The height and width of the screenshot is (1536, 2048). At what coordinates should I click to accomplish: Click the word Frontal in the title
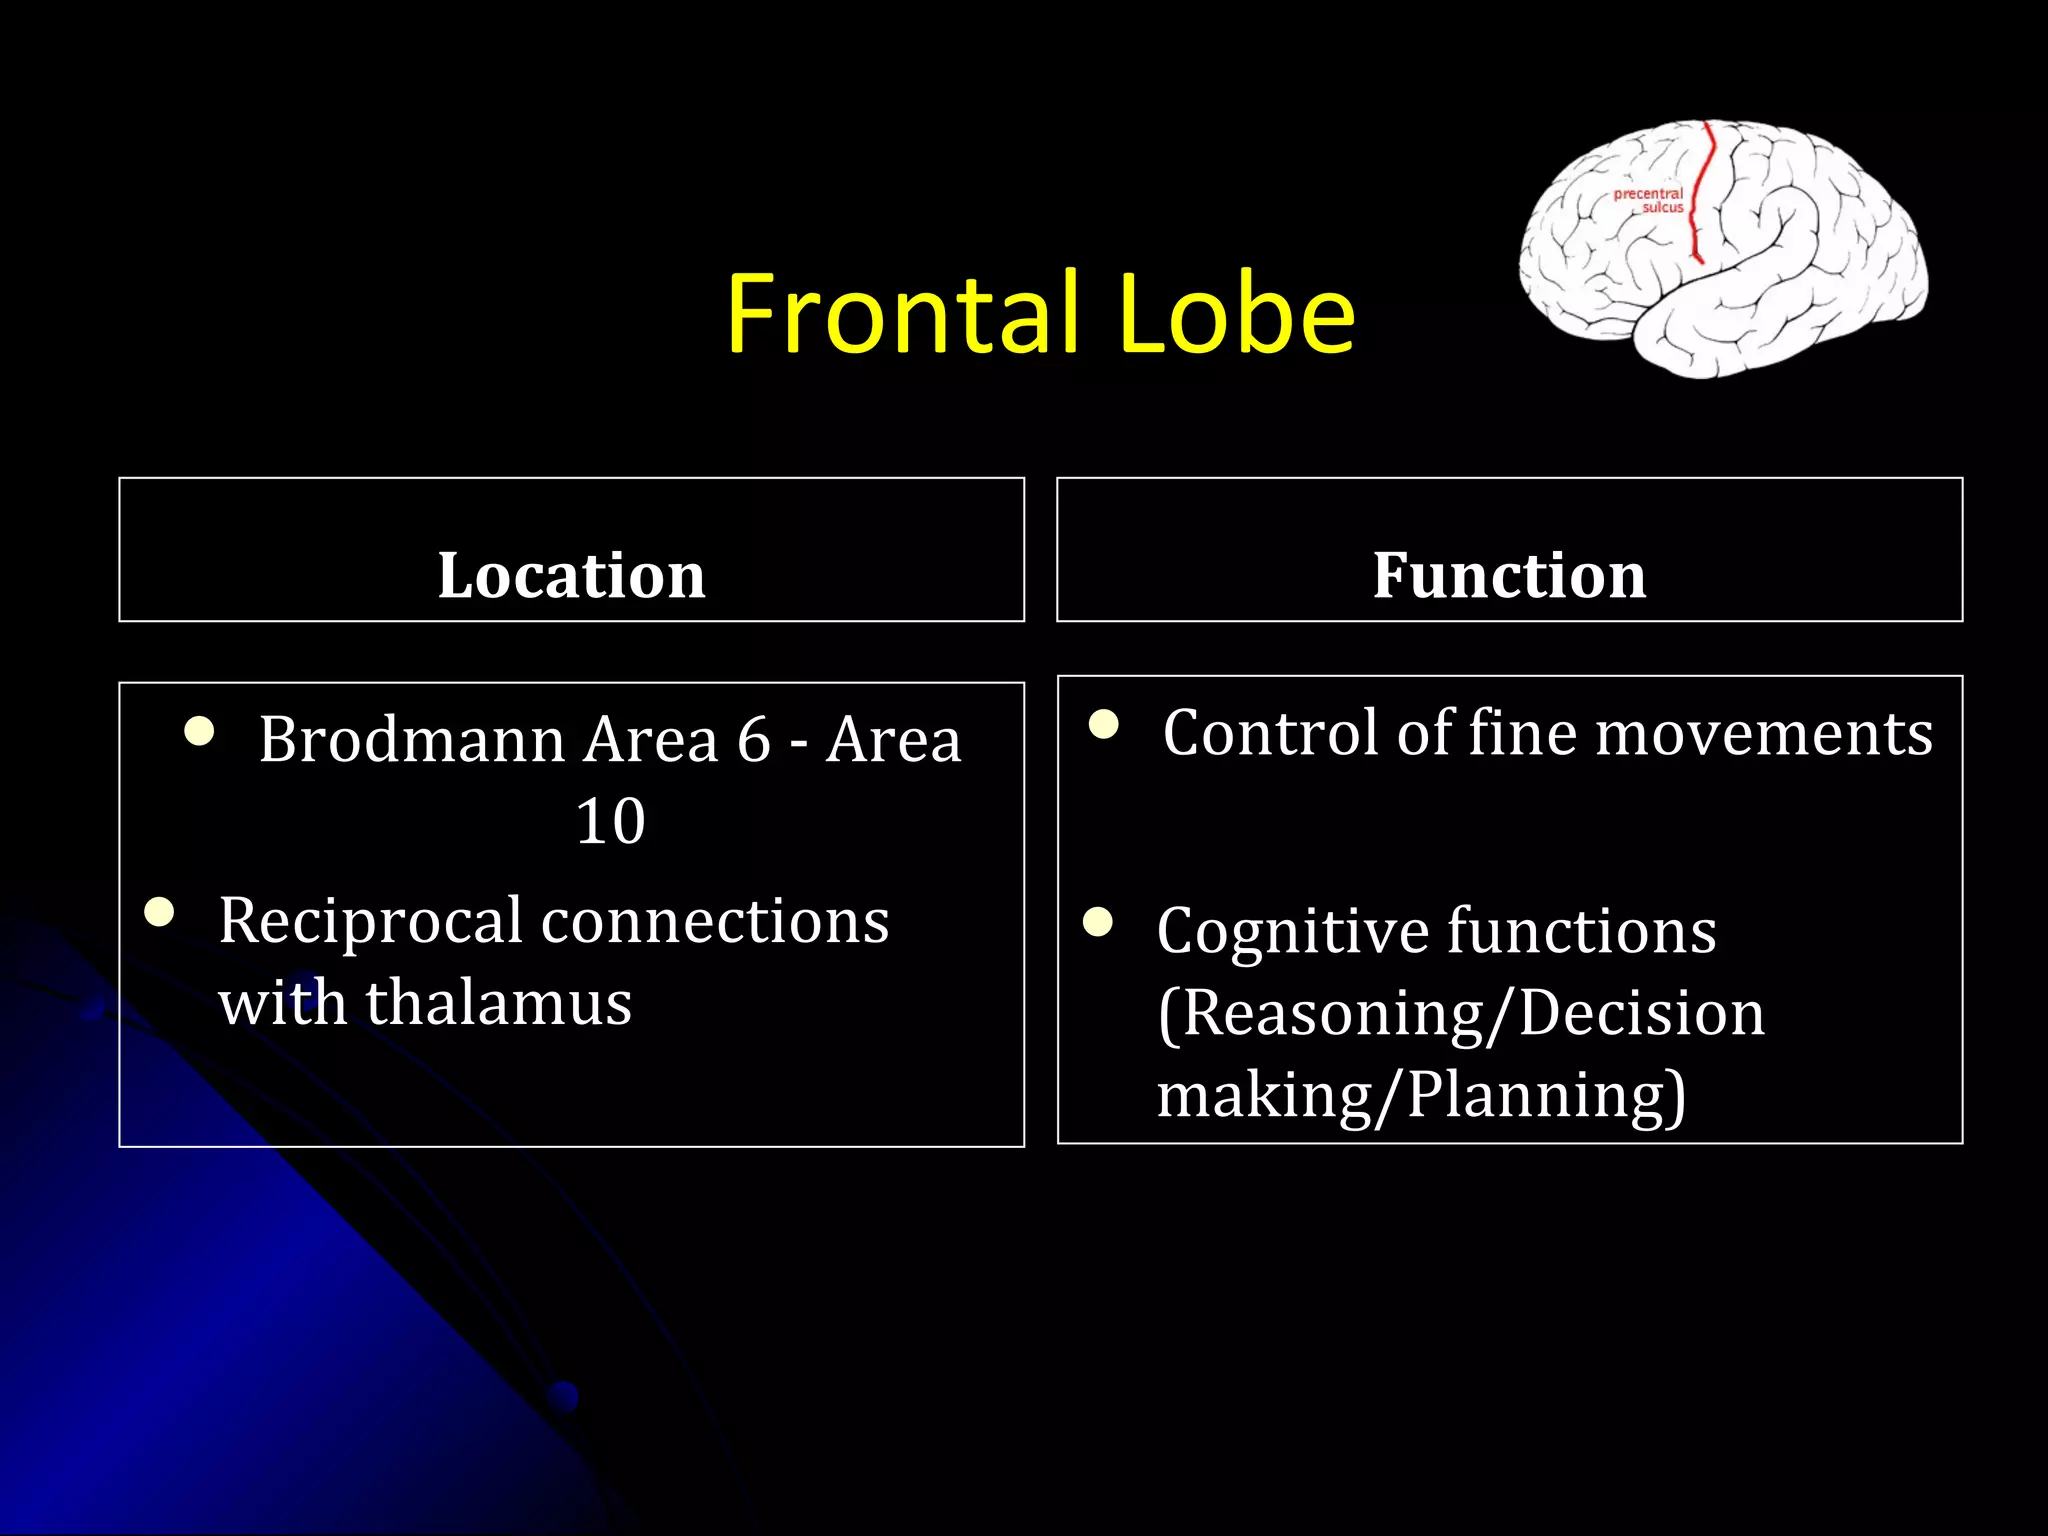[x=902, y=314]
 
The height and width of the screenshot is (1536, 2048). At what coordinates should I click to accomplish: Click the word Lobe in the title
[x=1236, y=314]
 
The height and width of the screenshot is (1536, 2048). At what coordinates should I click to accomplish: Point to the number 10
[x=610, y=821]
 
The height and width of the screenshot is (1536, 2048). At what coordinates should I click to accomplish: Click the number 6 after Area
[x=753, y=740]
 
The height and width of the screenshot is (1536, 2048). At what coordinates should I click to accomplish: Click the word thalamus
[x=498, y=1002]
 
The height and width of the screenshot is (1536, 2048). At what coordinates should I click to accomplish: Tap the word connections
[x=714, y=921]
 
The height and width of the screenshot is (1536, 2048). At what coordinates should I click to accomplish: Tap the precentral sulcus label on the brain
[x=1650, y=201]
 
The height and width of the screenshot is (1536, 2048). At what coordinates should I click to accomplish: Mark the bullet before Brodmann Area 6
[x=199, y=731]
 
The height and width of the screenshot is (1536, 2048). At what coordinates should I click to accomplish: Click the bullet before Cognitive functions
[x=1098, y=921]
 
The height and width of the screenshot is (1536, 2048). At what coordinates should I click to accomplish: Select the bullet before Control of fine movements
[x=1103, y=724]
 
